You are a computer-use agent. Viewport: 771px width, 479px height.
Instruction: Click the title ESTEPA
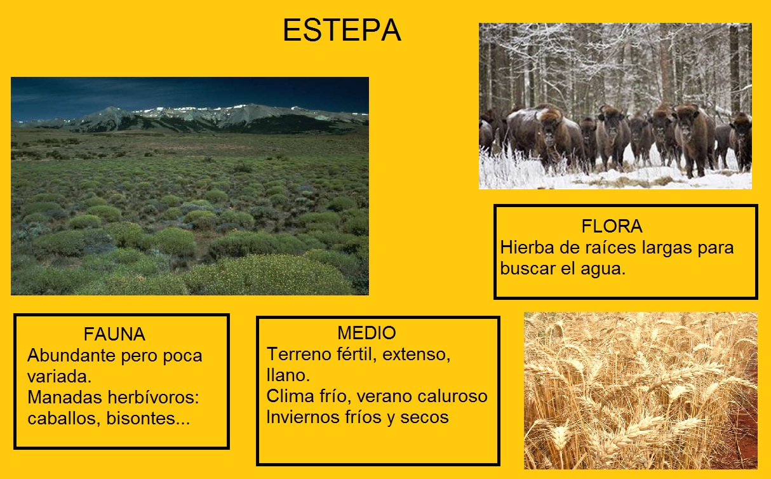pos(341,30)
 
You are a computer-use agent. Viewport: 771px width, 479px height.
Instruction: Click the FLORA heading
pos(612,226)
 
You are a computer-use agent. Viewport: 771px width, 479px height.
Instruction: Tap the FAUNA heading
pos(114,334)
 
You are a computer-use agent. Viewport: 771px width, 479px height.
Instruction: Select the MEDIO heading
pos(366,333)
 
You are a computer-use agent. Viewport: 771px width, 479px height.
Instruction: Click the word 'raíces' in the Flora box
pos(603,247)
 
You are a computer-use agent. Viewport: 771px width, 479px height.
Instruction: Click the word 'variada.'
pos(60,376)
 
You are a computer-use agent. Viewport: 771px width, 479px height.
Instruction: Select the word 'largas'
pos(661,247)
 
